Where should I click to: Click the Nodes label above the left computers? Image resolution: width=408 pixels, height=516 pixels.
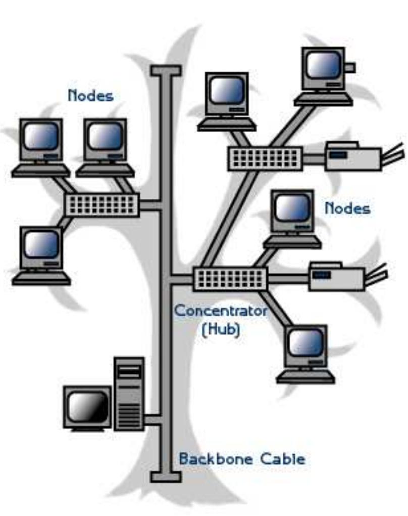point(90,95)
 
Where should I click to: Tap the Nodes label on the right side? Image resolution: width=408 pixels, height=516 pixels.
point(347,208)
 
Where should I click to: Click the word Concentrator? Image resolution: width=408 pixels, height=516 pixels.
point(221,310)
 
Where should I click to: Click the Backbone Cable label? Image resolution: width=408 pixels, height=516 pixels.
point(242,459)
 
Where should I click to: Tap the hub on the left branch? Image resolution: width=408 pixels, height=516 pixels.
point(102,204)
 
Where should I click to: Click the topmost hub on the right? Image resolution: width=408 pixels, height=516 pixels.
point(265,158)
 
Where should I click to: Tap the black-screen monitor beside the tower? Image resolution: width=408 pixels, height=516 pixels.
point(87,408)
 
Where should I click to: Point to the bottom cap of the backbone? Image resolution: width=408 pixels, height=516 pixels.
point(166,477)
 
